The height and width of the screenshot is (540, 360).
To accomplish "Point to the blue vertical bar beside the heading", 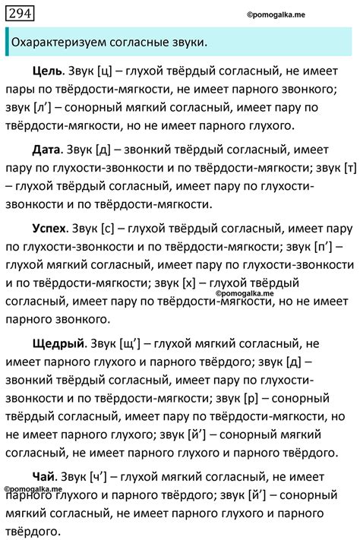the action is pyautogui.click(x=6, y=43).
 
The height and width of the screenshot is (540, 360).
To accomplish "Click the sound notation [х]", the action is pyautogui.click(x=192, y=283).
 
